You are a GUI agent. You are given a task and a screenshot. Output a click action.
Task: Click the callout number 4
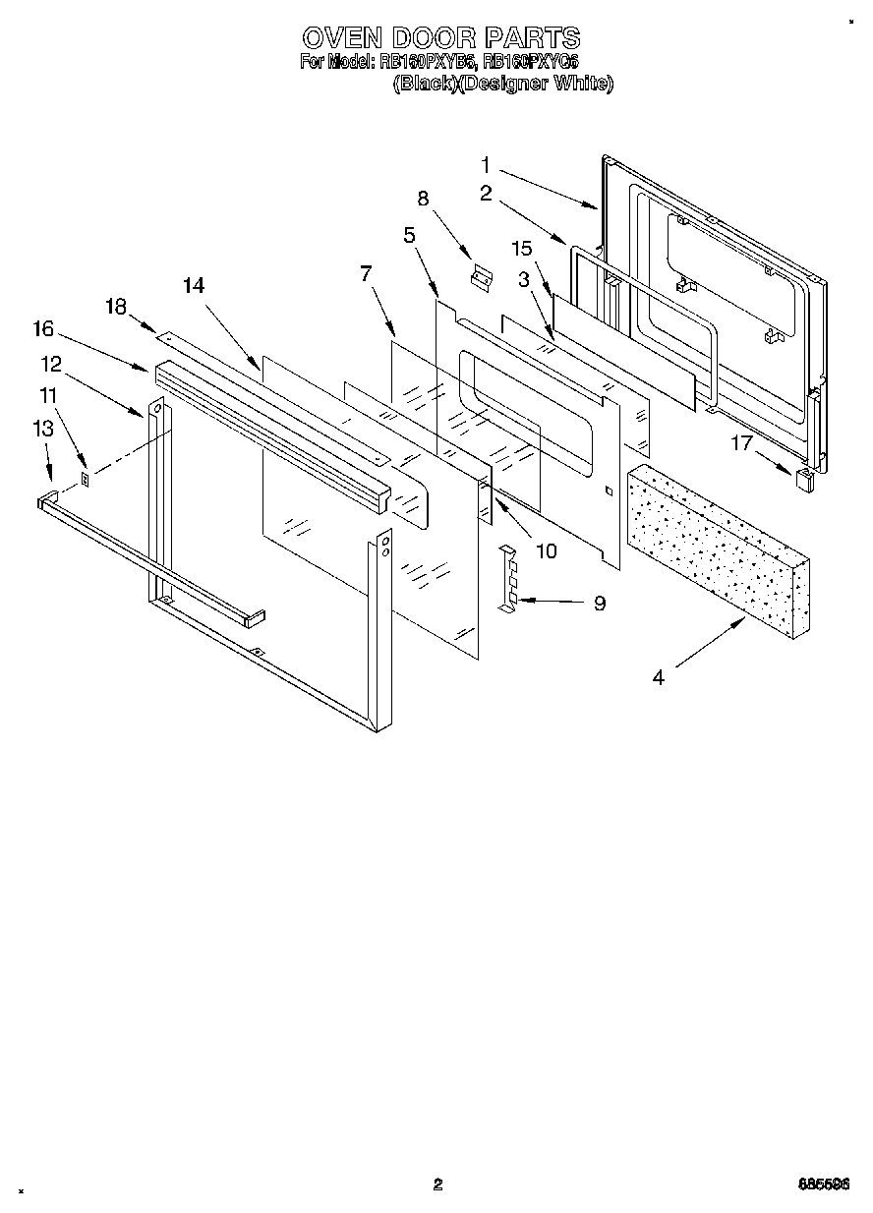click(x=658, y=677)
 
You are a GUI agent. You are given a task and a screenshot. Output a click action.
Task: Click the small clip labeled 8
click(x=482, y=278)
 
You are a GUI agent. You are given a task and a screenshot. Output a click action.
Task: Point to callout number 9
click(x=599, y=604)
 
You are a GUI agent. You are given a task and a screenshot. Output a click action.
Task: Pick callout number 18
click(x=116, y=307)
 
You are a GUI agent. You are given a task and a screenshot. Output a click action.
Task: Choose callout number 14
click(x=194, y=285)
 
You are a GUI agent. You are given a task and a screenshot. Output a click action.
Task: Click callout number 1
click(x=487, y=163)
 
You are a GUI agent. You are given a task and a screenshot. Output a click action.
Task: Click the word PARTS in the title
click(x=530, y=38)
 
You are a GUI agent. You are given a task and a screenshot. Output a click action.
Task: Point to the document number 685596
click(x=823, y=1184)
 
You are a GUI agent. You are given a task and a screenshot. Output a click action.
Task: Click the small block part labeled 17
click(x=804, y=479)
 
